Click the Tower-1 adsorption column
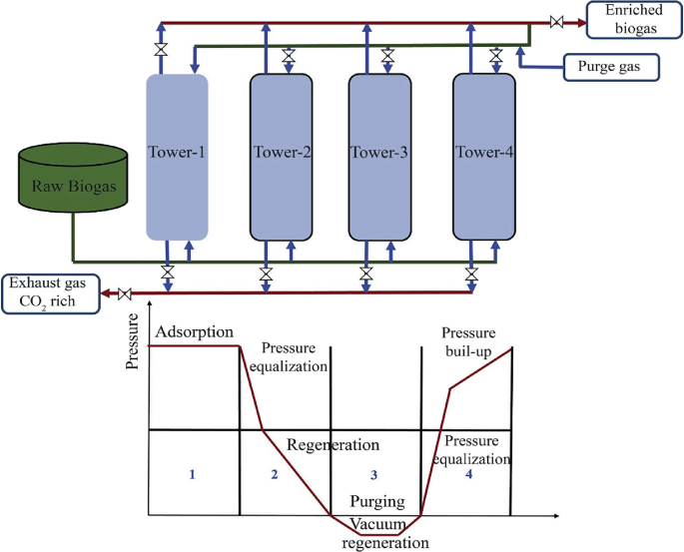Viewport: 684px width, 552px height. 177,157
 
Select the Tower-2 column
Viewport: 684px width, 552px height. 281,157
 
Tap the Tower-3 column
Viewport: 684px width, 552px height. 379,157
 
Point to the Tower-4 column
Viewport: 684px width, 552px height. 484,157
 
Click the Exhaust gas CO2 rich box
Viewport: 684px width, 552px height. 51,293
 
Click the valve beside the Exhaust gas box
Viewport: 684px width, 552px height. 125,293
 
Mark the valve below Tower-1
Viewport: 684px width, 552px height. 167,273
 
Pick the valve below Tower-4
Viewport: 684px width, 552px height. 471,273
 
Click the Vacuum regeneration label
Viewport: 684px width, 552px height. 384,534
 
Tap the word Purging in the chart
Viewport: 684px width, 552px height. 377,504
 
